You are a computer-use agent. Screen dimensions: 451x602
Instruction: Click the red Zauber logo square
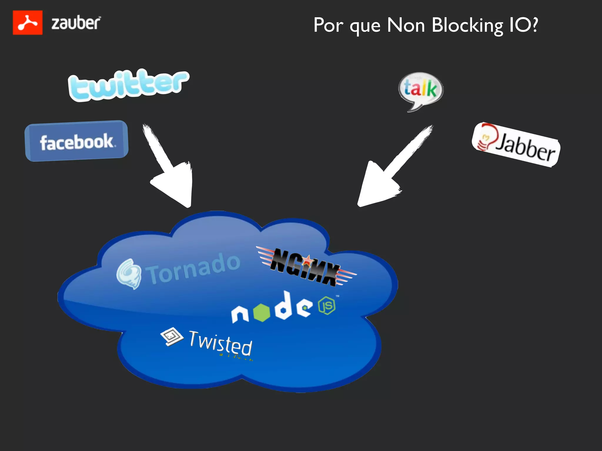28,23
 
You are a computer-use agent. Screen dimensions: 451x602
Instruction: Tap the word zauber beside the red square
76,23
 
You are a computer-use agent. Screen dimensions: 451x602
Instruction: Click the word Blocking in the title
467,26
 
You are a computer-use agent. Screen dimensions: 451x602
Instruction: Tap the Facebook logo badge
77,141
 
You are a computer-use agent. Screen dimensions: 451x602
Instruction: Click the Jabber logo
516,144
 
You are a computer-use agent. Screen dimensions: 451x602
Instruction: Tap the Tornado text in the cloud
194,268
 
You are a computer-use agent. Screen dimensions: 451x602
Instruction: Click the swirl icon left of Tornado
128,274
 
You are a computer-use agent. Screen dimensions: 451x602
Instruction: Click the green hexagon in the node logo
261,312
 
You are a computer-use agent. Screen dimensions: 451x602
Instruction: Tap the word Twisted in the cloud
220,343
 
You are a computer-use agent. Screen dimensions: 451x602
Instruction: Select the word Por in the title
328,26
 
